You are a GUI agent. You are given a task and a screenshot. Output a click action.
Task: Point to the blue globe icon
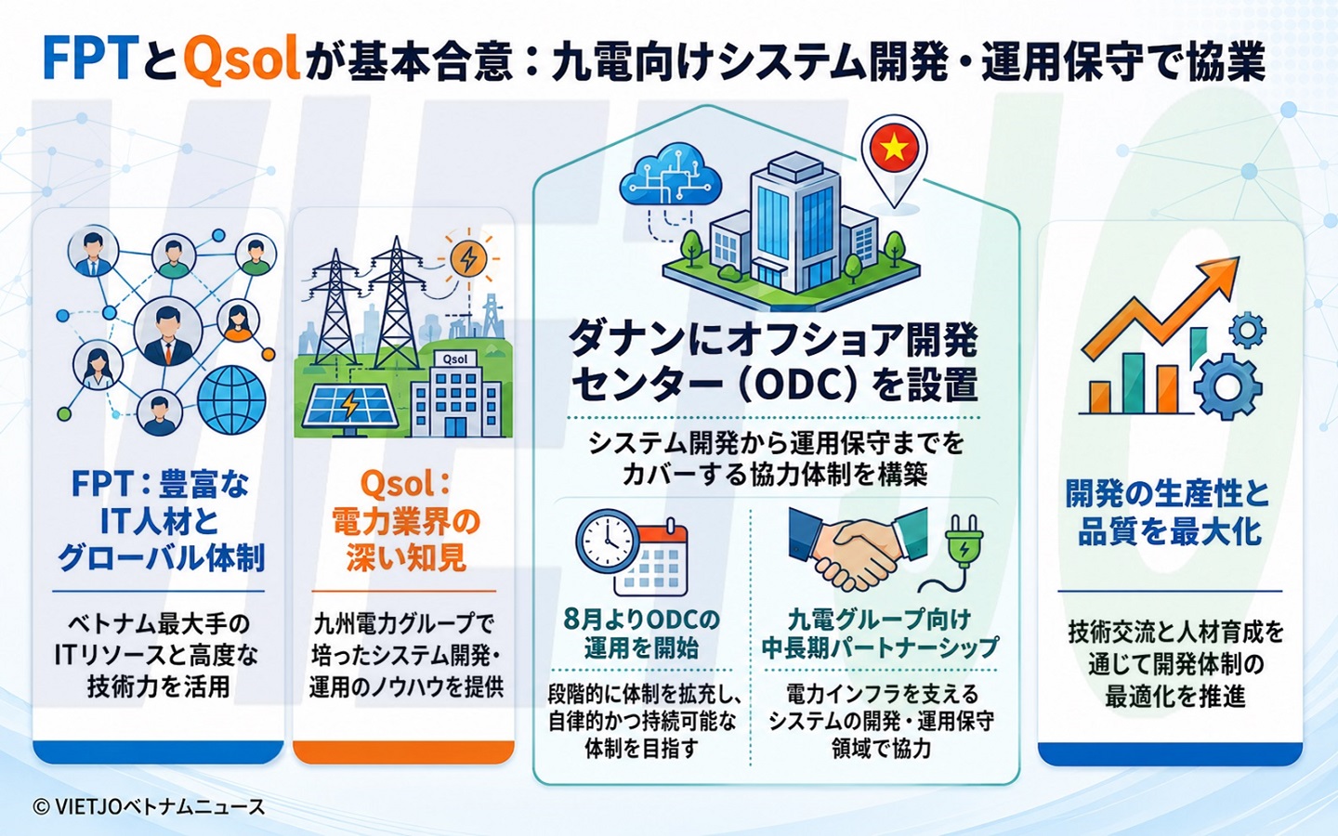click(231, 399)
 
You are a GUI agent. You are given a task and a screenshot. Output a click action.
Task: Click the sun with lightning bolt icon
click(468, 258)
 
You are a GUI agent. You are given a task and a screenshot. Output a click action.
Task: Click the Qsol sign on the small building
click(455, 359)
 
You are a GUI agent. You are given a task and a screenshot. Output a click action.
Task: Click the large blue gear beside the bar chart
click(1227, 387)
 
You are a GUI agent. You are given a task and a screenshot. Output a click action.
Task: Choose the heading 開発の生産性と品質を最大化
click(1169, 513)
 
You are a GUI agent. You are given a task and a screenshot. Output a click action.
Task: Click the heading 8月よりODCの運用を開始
click(641, 634)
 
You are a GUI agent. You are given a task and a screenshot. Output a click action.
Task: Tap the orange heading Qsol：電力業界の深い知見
click(406, 521)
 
